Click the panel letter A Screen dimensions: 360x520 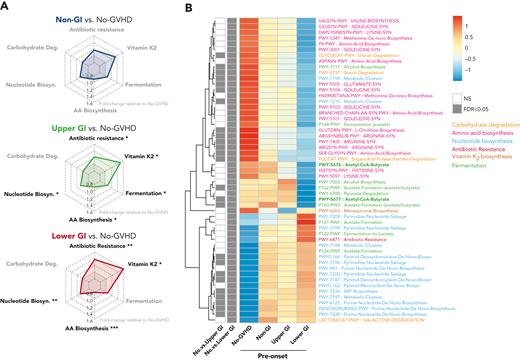(x=6, y=8)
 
